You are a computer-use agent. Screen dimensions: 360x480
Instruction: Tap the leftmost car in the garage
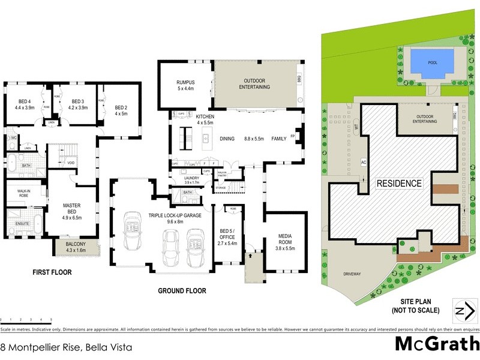tap(131, 230)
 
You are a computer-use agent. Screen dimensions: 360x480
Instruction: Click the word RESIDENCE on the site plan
tap(399, 183)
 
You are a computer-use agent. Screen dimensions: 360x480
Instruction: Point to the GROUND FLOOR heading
tap(182, 290)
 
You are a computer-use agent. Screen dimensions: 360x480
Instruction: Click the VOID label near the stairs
tap(71, 163)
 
